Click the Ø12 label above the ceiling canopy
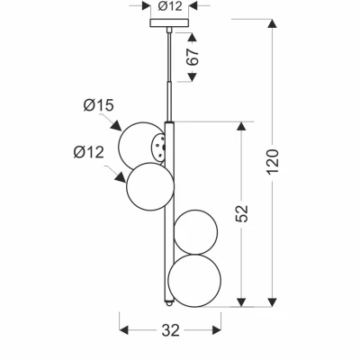tap(170, 6)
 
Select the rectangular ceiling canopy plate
tap(169, 22)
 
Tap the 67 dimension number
tap(193, 57)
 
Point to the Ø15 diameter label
tap(99, 105)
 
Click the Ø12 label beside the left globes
tap(89, 152)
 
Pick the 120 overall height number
tap(273, 162)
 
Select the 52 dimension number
tap(242, 213)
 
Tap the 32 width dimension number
tap(171, 330)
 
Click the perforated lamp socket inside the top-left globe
tap(158, 147)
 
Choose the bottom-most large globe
tap(194, 281)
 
